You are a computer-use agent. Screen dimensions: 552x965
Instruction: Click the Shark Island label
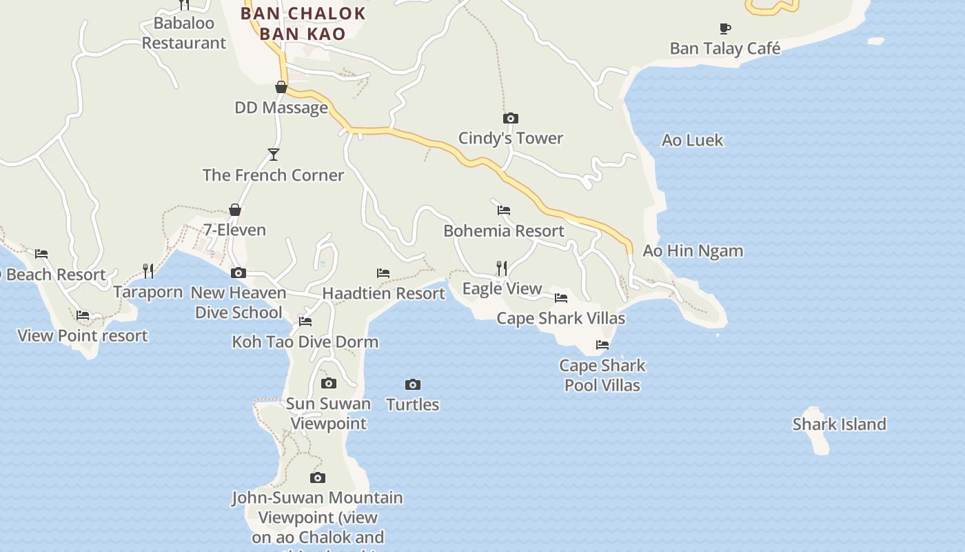(839, 424)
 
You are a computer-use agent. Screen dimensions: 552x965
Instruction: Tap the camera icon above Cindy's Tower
(510, 119)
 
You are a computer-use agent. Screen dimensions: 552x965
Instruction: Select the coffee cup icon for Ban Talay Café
(725, 28)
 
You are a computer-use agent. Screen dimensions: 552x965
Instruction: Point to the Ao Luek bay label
(692, 140)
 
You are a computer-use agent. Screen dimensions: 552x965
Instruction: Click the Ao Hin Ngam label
(693, 251)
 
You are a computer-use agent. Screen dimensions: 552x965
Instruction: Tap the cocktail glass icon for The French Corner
(274, 154)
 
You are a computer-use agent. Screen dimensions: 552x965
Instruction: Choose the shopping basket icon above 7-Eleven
(235, 210)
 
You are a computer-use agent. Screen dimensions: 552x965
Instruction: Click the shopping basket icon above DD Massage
(281, 87)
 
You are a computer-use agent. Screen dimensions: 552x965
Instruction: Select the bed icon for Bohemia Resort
(504, 210)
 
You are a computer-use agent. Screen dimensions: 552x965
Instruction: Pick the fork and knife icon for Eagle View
(502, 268)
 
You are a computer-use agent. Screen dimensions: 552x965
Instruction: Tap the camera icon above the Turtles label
(412, 384)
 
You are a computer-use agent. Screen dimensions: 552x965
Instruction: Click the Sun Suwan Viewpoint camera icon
(329, 383)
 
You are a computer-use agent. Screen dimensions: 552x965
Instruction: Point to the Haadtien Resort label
(383, 293)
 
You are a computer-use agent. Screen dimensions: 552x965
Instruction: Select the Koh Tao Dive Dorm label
(305, 342)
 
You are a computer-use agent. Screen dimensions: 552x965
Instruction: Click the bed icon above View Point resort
(83, 315)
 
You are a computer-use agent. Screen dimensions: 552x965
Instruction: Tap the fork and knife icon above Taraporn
(148, 270)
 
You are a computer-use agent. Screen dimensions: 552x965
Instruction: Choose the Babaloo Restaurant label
(183, 33)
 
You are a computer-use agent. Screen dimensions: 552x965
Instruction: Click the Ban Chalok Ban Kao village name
(303, 23)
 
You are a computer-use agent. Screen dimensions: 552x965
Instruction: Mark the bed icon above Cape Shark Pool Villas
(602, 345)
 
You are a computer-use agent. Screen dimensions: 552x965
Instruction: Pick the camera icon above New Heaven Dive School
(238, 273)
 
